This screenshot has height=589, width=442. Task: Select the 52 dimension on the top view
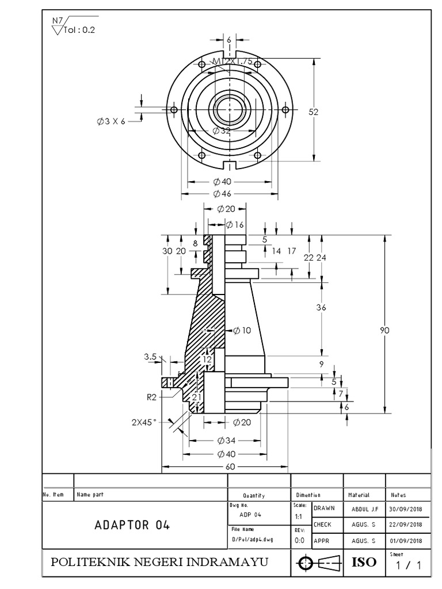pyautogui.click(x=313, y=113)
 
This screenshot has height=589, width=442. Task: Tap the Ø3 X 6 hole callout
pyautogui.click(x=111, y=121)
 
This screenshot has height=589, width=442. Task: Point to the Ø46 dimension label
pyautogui.click(x=222, y=193)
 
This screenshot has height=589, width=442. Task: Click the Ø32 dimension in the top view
pyautogui.click(x=221, y=131)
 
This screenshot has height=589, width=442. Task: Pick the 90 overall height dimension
pyautogui.click(x=385, y=330)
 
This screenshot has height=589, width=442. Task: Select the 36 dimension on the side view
pyautogui.click(x=321, y=308)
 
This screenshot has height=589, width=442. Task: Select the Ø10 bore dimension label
pyautogui.click(x=243, y=330)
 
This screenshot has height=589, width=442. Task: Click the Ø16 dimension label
pyautogui.click(x=235, y=224)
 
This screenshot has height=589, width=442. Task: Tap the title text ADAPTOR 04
pyautogui.click(x=132, y=525)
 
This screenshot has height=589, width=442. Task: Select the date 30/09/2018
pyautogui.click(x=406, y=508)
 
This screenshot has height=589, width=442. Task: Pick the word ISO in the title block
pyautogui.click(x=363, y=561)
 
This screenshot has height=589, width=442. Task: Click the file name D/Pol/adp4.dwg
pyautogui.click(x=252, y=540)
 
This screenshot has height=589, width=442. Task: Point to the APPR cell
pyautogui.click(x=321, y=541)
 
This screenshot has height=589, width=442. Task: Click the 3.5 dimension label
pyautogui.click(x=151, y=357)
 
